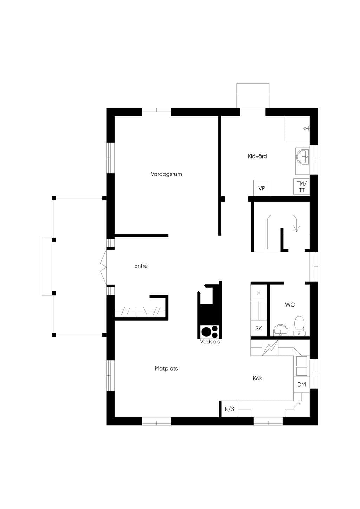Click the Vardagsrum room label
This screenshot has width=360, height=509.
[x=166, y=174]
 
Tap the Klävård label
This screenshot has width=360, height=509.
[x=257, y=156]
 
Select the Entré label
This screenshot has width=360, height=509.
[x=141, y=266]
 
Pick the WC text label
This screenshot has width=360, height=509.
[x=290, y=304]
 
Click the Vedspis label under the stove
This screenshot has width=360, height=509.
[x=210, y=342]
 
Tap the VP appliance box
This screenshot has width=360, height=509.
[x=262, y=188]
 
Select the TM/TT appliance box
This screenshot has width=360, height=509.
[x=302, y=187]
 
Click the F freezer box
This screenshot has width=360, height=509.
[x=259, y=293]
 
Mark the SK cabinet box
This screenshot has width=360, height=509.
[x=259, y=328]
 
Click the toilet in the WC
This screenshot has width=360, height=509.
[x=299, y=326]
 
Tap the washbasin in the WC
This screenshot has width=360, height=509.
[x=281, y=330]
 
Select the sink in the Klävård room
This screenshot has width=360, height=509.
[x=303, y=156]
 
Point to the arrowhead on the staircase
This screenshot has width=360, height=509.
[x=297, y=228]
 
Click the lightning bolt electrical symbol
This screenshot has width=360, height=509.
[x=270, y=348]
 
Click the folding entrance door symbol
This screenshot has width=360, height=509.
[x=103, y=267]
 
